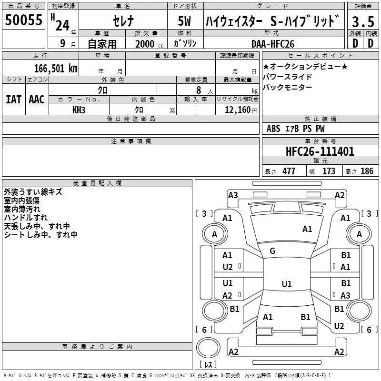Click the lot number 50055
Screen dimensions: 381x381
pyautogui.click(x=23, y=20)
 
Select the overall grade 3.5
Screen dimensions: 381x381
pyautogui.click(x=363, y=21)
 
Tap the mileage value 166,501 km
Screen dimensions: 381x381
pyautogui.click(x=56, y=68)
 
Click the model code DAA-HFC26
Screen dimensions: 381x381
pyautogui.click(x=273, y=44)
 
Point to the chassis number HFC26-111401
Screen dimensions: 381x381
pyautogui.click(x=320, y=151)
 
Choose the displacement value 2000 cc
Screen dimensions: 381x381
pyautogui.click(x=150, y=44)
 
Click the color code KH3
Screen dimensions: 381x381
pyautogui.click(x=79, y=110)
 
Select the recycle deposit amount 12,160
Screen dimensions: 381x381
pyautogui.click(x=237, y=110)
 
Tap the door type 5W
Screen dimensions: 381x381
pyautogui.click(x=184, y=21)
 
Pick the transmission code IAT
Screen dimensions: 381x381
pyautogui.click(x=14, y=100)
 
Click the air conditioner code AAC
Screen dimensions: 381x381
pyautogui.click(x=37, y=100)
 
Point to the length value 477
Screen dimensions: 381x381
pyautogui.click(x=289, y=171)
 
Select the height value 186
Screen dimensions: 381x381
pyautogui.click(x=367, y=171)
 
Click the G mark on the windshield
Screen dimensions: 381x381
pyautogui.click(x=272, y=251)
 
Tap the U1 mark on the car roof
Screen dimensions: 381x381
pyautogui.click(x=287, y=284)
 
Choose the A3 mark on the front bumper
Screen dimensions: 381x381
pyautogui.click(x=233, y=195)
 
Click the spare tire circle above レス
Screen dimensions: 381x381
pyautogui.click(x=208, y=347)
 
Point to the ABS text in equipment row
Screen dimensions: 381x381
pyautogui.click(x=273, y=128)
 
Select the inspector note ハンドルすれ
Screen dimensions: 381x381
pyautogui.click(x=26, y=218)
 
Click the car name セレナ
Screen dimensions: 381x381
pyautogui.click(x=123, y=21)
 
